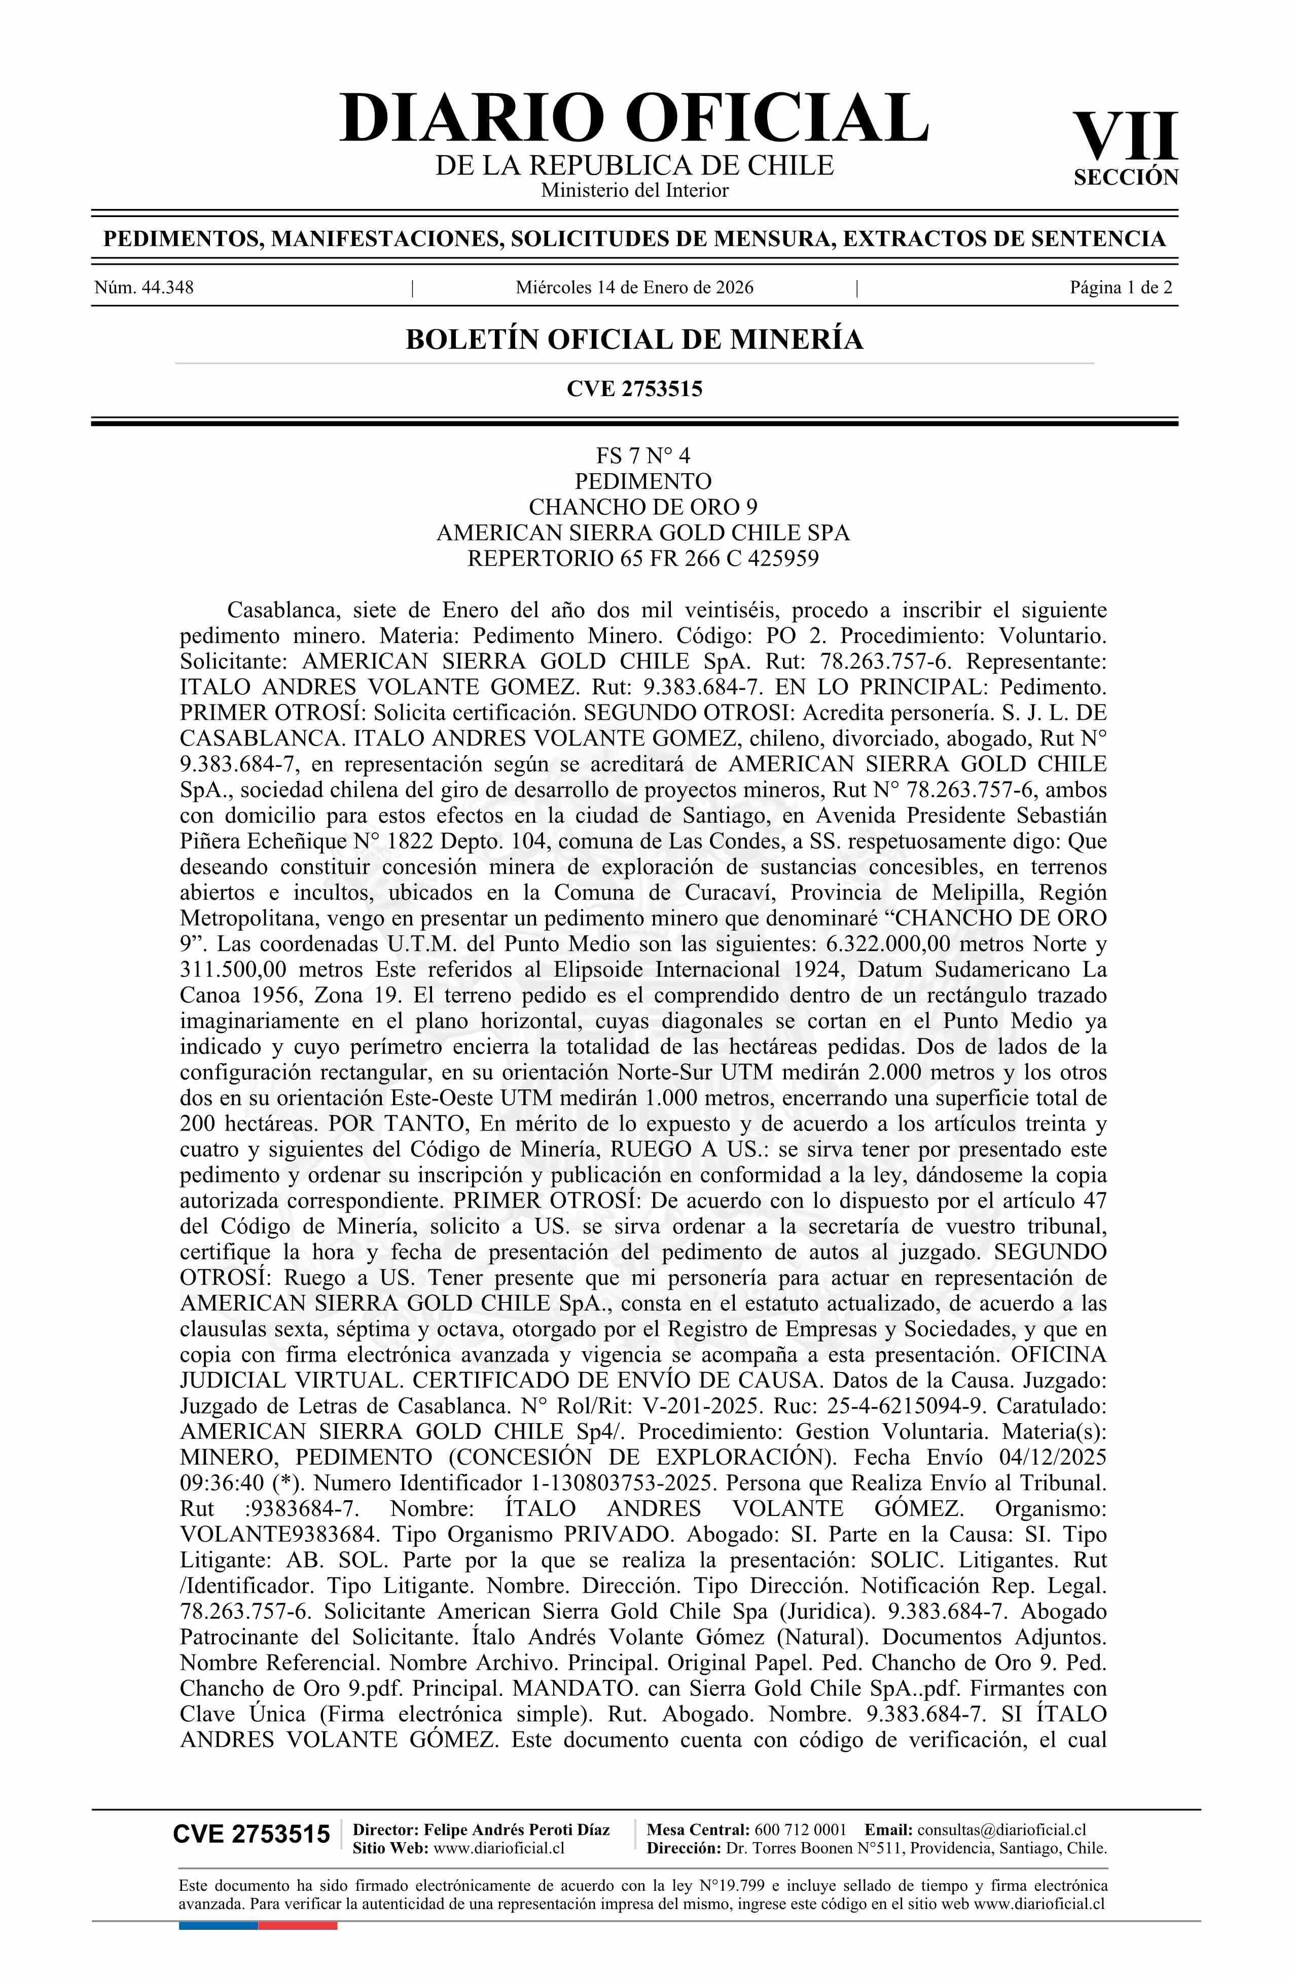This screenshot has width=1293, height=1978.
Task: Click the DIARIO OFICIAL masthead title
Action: pyautogui.click(x=633, y=118)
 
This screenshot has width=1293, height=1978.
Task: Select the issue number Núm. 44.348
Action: pyautogui.click(x=144, y=288)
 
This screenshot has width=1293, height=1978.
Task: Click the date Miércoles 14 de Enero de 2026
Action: pyautogui.click(x=634, y=288)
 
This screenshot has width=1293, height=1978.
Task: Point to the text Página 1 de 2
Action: pyautogui.click(x=1121, y=288)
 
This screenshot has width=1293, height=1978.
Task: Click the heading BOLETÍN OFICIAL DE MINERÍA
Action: pyautogui.click(x=634, y=339)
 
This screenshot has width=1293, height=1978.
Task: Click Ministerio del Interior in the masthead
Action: pyautogui.click(x=634, y=190)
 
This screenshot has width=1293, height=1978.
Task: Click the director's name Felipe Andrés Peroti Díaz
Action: pyautogui.click(x=516, y=1829)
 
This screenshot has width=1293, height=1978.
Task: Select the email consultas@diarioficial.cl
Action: pyautogui.click(x=1001, y=1829)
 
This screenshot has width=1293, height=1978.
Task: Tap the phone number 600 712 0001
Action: pyautogui.click(x=800, y=1829)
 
